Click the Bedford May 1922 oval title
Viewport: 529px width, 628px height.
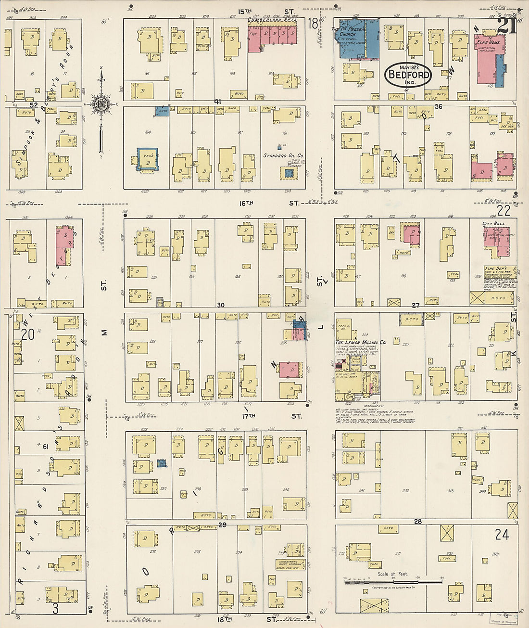point(408,75)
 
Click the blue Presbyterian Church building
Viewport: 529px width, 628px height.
point(358,38)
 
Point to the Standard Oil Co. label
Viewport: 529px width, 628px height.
point(283,156)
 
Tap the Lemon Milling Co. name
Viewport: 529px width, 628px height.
point(360,342)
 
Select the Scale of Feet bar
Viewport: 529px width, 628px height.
point(393,582)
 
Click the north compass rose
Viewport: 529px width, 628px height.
point(101,104)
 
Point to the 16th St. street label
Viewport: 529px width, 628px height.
point(269,203)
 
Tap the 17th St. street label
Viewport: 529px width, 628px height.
point(269,416)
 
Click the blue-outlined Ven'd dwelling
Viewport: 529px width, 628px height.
point(147,159)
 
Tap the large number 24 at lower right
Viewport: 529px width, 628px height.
point(502,534)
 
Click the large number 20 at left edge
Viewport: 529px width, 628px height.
point(27,333)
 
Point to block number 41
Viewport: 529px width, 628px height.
point(217,102)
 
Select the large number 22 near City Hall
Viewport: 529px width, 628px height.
point(504,210)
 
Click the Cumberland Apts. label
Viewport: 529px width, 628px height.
point(272,21)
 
